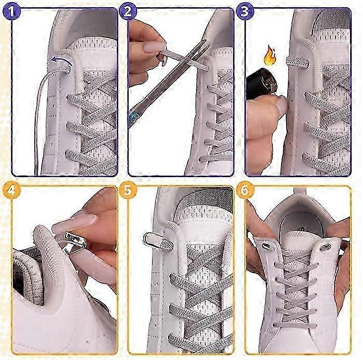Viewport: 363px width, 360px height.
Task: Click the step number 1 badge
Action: tap(11, 11)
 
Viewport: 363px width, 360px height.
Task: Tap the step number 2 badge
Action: tap(128, 11)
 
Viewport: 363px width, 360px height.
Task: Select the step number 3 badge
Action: tap(245, 11)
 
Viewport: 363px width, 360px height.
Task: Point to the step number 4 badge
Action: tap(11, 190)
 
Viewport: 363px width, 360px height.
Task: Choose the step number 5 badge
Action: tap(128, 190)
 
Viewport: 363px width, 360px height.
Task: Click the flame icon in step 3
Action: tap(270, 55)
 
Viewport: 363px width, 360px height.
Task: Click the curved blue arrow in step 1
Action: tap(60, 60)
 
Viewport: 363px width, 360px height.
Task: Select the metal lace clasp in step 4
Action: tap(74, 243)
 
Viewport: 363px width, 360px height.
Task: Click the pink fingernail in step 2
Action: tap(155, 47)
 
